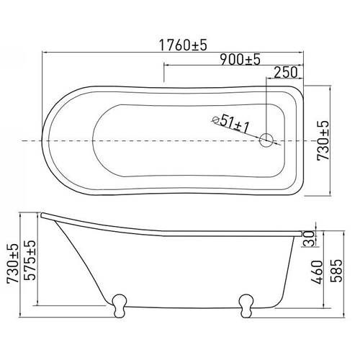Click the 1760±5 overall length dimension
(x=183, y=45)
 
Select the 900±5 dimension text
(x=240, y=60)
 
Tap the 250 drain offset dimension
(x=286, y=72)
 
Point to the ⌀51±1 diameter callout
(x=231, y=123)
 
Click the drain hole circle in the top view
(x=266, y=140)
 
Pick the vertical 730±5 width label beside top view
(x=323, y=140)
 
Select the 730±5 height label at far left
(x=12, y=264)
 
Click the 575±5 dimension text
(x=30, y=260)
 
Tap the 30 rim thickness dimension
(x=309, y=238)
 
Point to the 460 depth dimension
(x=318, y=272)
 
